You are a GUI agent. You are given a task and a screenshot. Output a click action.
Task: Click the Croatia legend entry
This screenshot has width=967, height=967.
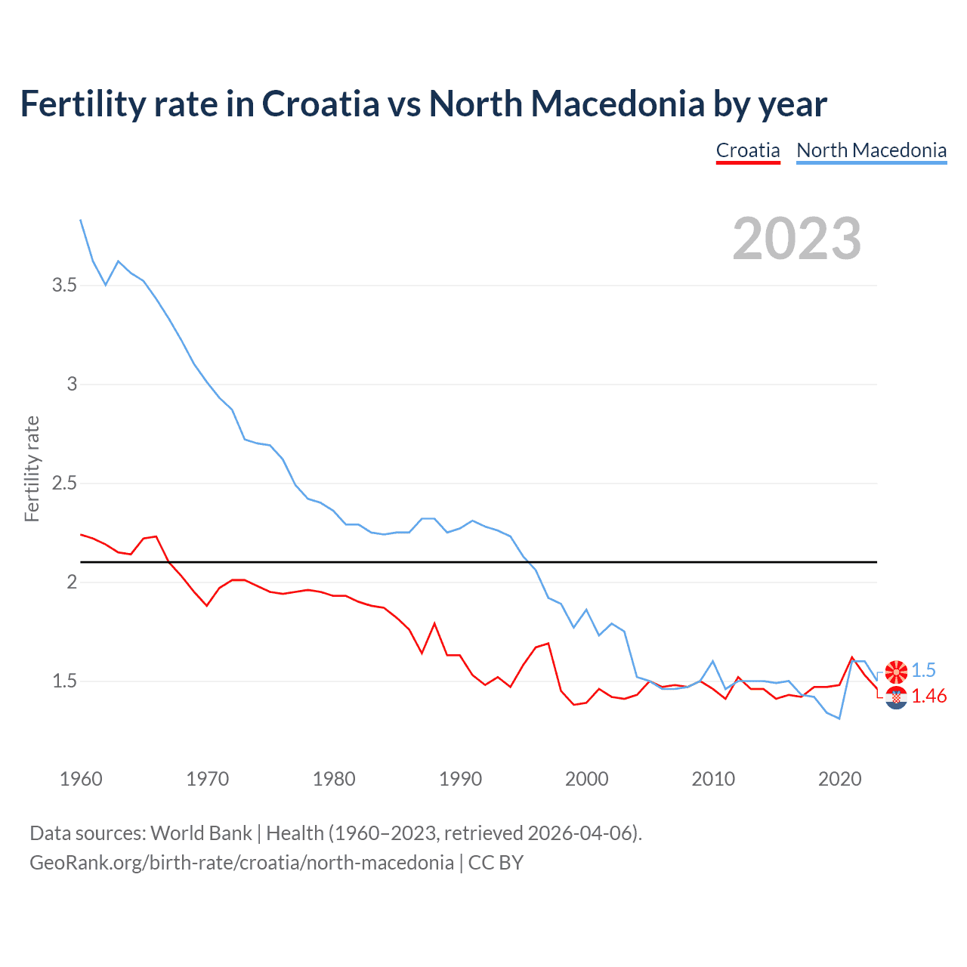(748, 150)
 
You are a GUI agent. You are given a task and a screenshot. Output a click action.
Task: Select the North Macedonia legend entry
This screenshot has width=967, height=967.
(871, 150)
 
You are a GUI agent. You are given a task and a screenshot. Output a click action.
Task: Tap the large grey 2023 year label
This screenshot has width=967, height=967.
(797, 239)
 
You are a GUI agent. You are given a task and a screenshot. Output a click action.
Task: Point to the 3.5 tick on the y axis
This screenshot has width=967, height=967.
(64, 286)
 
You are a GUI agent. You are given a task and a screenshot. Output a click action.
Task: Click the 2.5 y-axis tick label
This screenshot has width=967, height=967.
(64, 483)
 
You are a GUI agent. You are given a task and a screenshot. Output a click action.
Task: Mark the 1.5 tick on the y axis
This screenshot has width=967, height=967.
(64, 681)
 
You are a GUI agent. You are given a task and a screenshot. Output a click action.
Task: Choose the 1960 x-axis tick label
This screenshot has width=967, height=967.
(81, 779)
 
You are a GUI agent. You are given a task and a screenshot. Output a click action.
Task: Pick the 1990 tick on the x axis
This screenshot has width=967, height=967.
(460, 779)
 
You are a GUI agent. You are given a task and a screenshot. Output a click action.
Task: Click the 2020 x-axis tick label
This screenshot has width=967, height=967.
(839, 779)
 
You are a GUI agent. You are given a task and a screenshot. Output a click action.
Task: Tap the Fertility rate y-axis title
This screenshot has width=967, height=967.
(32, 468)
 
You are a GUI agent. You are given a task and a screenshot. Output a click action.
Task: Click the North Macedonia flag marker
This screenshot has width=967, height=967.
(896, 671)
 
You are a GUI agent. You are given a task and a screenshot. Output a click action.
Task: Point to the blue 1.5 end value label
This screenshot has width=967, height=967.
(923, 671)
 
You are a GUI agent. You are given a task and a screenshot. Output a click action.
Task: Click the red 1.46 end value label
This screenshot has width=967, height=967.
(929, 697)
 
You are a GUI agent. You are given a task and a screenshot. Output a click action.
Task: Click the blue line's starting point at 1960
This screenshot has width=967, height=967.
(81, 220)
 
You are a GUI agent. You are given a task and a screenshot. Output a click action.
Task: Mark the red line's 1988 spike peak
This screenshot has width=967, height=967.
(434, 623)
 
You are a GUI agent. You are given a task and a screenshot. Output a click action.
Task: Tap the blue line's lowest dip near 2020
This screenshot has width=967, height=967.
(839, 718)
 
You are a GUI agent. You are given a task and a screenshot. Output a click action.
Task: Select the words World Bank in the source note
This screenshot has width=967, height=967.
(201, 833)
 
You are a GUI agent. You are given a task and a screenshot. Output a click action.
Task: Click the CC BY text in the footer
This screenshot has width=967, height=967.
(496, 863)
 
